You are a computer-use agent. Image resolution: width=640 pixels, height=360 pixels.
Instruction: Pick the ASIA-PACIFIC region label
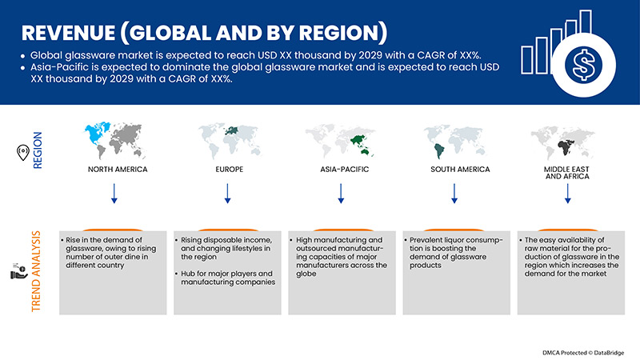tap(342, 170)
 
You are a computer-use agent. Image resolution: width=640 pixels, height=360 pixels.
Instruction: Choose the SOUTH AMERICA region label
tap(455, 170)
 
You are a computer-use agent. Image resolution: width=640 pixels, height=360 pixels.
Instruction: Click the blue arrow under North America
tap(114, 193)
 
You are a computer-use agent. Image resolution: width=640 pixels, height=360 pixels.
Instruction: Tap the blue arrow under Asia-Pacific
tap(342, 193)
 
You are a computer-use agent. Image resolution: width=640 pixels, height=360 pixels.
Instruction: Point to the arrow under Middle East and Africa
tap(569, 193)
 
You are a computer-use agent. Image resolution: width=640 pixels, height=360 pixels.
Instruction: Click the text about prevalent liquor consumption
tap(454, 252)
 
